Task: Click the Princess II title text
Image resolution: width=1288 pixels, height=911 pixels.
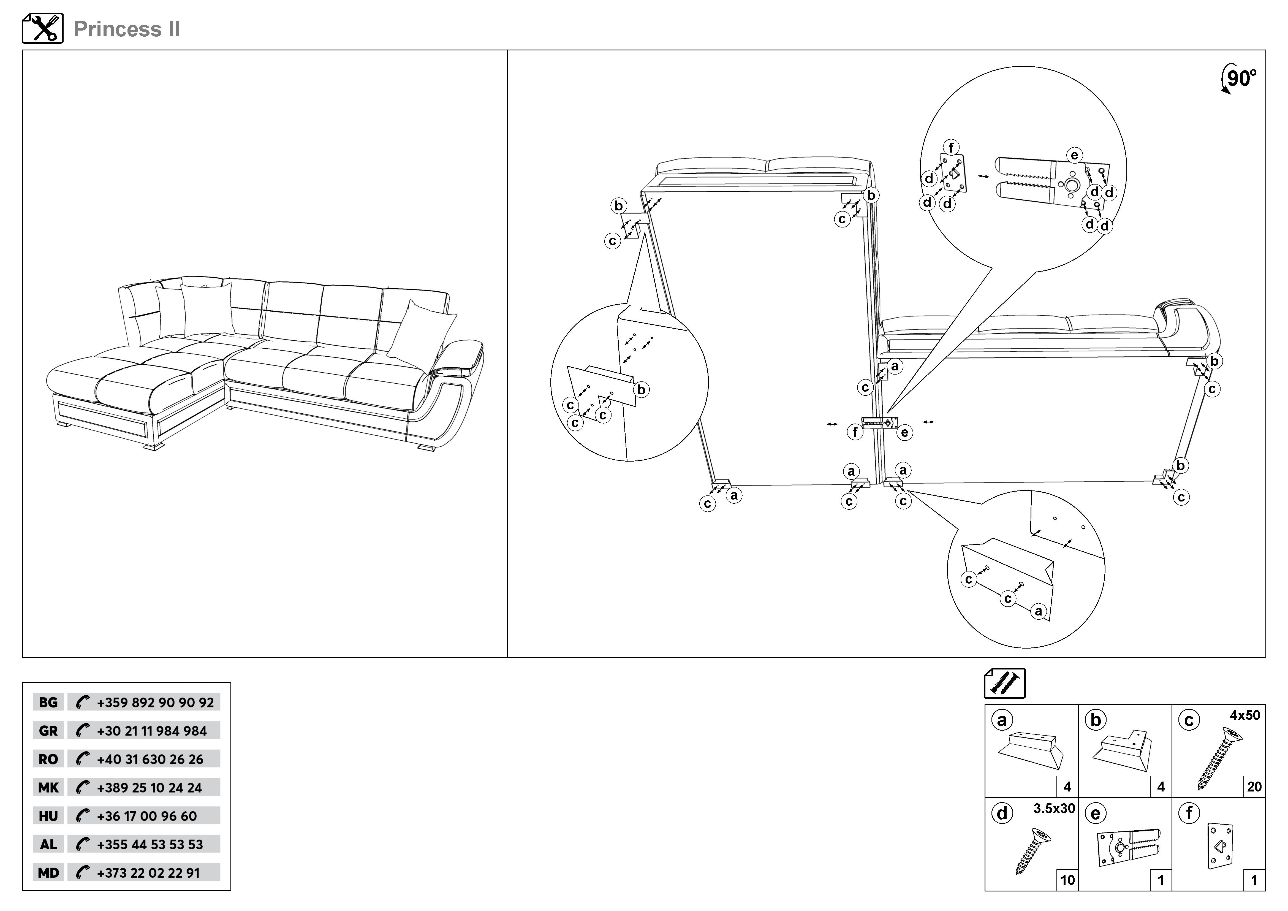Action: coord(127,29)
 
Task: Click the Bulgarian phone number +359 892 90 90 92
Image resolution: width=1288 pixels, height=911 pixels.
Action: coord(155,702)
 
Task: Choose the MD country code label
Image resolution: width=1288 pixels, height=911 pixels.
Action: coord(48,873)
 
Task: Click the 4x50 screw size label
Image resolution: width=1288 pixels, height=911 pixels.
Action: coord(1245,715)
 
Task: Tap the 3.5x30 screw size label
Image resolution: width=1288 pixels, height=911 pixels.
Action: coord(1054,808)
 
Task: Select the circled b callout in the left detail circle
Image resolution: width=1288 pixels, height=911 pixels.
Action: coord(641,389)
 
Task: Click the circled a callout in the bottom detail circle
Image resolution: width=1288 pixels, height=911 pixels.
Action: coord(1038,611)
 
